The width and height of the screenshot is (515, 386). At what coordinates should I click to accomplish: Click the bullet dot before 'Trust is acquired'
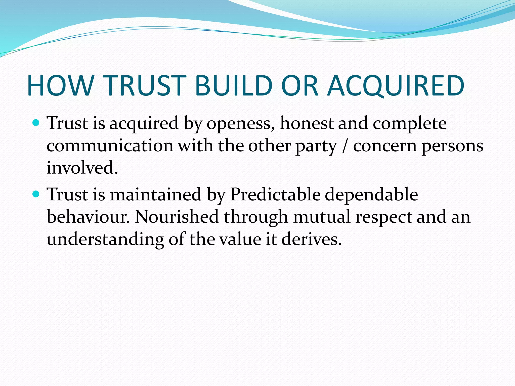pyautogui.click(x=36, y=123)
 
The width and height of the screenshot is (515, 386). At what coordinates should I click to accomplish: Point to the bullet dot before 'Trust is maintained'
pyautogui.click(x=36, y=194)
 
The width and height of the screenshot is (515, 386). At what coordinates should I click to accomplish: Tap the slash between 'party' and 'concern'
pyautogui.click(x=345, y=146)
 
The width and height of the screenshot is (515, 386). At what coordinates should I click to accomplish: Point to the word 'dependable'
pyautogui.click(x=371, y=195)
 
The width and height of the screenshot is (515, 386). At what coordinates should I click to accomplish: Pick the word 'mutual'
pyautogui.click(x=322, y=217)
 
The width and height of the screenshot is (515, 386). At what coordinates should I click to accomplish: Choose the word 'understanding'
pyautogui.click(x=105, y=239)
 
